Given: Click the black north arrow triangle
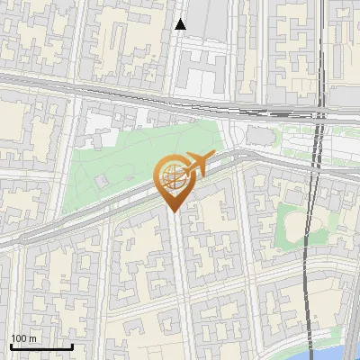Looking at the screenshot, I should (x=180, y=24).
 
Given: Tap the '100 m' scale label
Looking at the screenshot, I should (x=24, y=337).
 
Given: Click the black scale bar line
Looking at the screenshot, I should (x=40, y=346).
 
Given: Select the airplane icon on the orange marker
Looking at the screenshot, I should (x=197, y=163).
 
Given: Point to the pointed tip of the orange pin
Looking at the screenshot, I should (x=174, y=212).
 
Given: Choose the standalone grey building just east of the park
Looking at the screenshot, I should (x=258, y=135).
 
